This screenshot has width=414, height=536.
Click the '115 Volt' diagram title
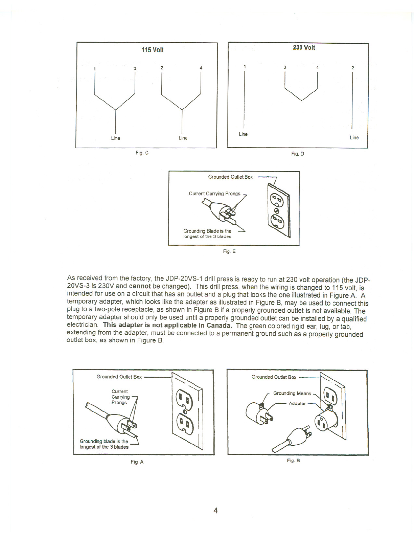tap(152, 50)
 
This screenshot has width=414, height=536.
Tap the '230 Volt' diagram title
tap(304, 48)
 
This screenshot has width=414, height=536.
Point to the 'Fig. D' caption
tap(298, 154)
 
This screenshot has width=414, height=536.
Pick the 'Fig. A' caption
tap(137, 462)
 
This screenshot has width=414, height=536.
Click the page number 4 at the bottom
tap(215, 511)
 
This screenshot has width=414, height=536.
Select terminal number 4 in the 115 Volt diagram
tap(201, 68)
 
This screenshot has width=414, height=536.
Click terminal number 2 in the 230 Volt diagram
tap(352, 68)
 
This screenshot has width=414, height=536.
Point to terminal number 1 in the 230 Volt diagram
tap(244, 66)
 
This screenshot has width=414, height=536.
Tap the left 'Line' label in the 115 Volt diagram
tap(116, 138)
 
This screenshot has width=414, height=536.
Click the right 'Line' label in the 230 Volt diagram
tap(354, 137)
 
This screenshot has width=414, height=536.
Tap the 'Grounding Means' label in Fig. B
tap(292, 393)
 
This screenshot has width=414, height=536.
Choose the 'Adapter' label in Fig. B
tap(297, 403)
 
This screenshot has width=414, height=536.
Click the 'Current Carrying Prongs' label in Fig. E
tap(214, 194)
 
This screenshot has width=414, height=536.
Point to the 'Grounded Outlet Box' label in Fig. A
tap(119, 377)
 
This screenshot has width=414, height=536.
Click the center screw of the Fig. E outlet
tap(276, 211)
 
